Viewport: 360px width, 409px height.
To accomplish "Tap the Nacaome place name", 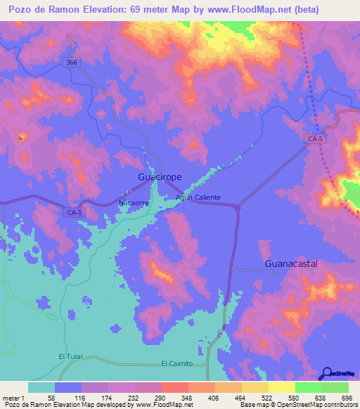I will pyautogui.click(x=133, y=202).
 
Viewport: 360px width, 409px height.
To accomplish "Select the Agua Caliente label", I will pyautogui.click(x=198, y=198).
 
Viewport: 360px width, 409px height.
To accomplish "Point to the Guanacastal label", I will pyautogui.click(x=291, y=264).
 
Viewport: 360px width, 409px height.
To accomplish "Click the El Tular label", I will pyautogui.click(x=70, y=356).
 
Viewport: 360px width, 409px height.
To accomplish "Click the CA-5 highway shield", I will pyautogui.click(x=316, y=140).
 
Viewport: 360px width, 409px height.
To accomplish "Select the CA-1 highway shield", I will pyautogui.click(x=74, y=211).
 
